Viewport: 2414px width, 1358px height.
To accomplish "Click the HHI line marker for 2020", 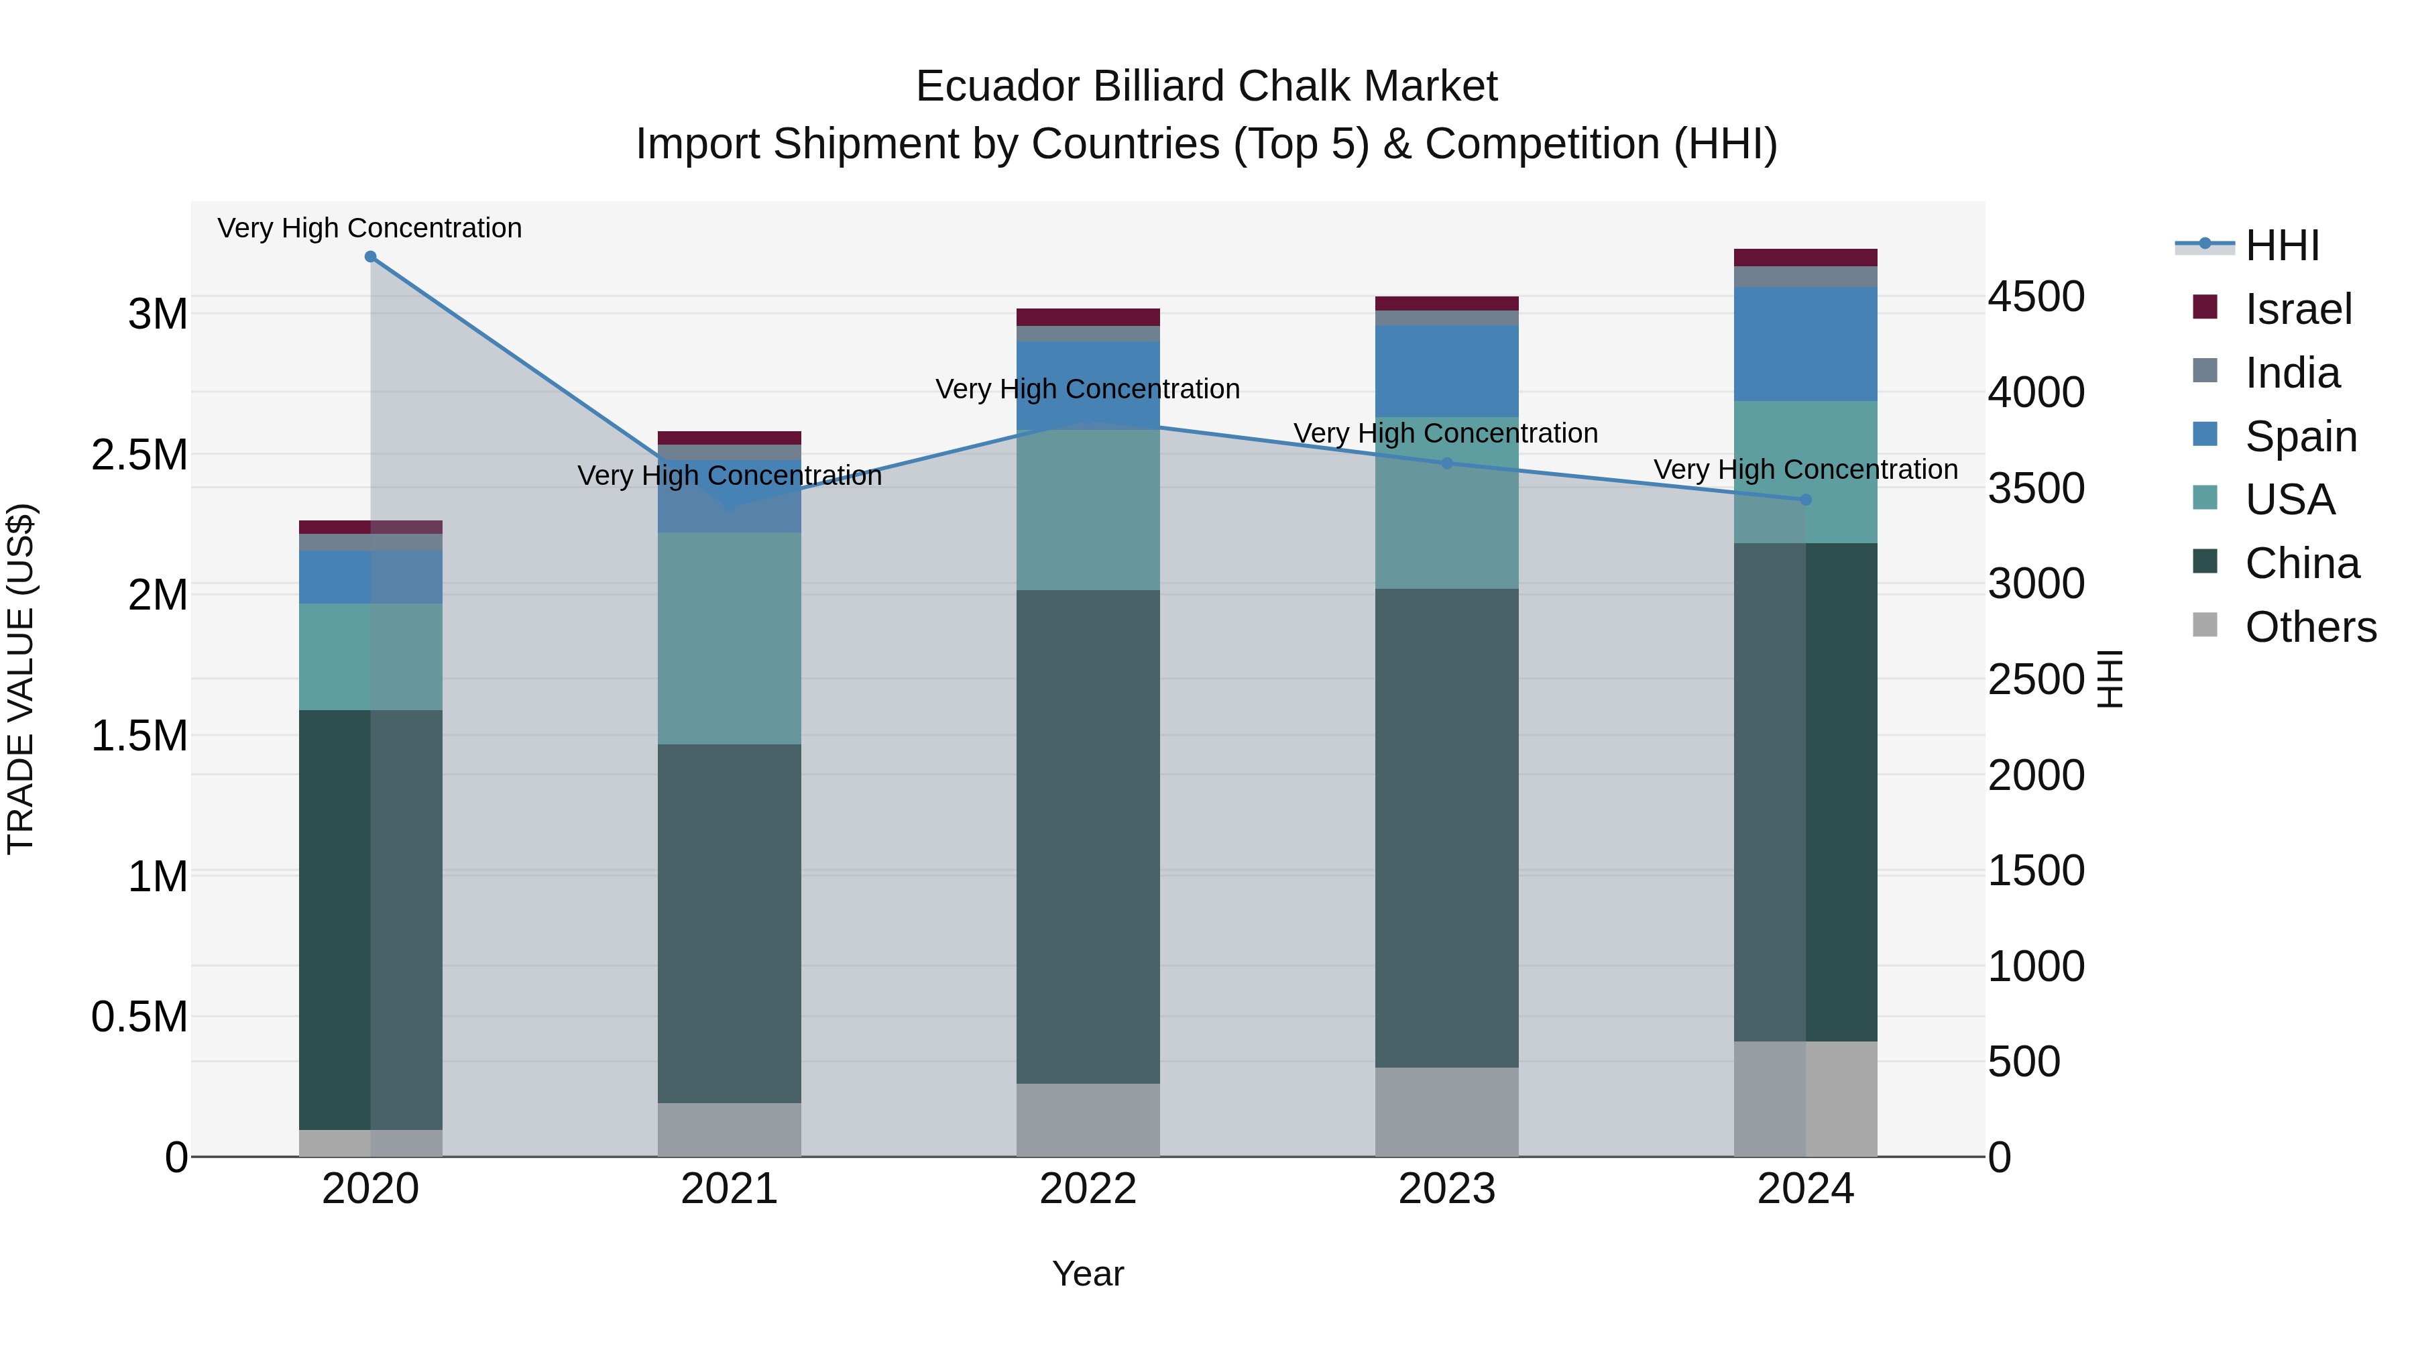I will [370, 257].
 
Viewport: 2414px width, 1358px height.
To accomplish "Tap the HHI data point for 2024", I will [1806, 500].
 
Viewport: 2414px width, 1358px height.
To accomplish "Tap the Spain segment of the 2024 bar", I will [1806, 344].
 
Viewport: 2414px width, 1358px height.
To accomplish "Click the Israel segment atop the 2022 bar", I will [1088, 317].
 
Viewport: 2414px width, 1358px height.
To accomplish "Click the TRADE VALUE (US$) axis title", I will [21, 679].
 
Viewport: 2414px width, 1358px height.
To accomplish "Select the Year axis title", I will [1088, 1274].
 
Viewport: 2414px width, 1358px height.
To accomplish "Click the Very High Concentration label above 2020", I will [370, 228].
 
